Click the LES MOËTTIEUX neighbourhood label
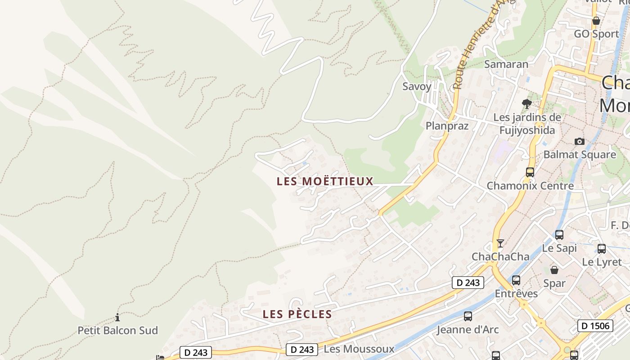(325, 181)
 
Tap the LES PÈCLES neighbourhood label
(297, 314)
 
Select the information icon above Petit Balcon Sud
(117, 318)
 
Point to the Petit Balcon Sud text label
(118, 330)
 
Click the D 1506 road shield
(595, 325)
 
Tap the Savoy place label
(417, 86)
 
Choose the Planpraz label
(447, 126)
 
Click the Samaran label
(506, 64)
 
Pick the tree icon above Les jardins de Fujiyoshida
(526, 104)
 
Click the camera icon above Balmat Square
(580, 142)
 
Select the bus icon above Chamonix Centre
(530, 172)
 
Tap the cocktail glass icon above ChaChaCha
(500, 243)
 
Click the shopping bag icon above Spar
(554, 270)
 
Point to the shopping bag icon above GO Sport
(596, 21)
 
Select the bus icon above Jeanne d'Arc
(468, 316)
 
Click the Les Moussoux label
(359, 349)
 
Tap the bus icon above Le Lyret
(602, 248)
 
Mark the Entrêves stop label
(516, 293)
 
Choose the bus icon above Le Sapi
(559, 235)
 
